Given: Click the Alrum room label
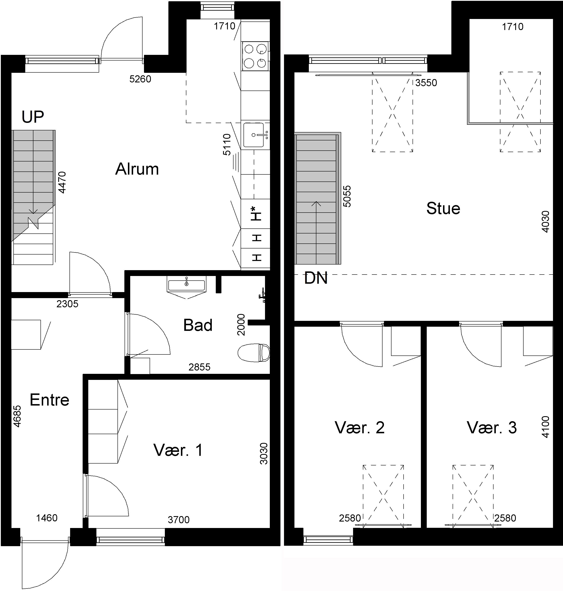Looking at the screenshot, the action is coord(137,169).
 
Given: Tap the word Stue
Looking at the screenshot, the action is coord(443,208).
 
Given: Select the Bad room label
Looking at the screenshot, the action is coord(198,325).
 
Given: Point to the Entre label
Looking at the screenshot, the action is coord(49,400).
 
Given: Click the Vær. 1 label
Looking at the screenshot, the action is coord(178,450).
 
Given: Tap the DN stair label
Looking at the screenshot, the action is coord(316,278).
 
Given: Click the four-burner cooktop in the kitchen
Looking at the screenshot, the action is coord(255,56).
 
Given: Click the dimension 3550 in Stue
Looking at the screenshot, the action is coord(426,83).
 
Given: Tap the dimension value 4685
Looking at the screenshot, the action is coord(17,416).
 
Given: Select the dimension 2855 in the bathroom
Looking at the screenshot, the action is coord(199,367).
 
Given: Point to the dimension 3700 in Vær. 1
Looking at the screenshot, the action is coord(179,520).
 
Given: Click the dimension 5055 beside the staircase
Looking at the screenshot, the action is coord(347,197).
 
